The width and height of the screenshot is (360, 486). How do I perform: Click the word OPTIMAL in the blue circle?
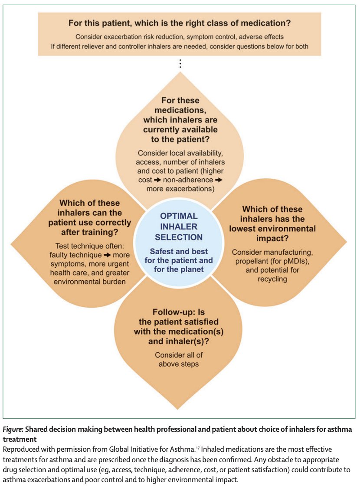click(179, 216)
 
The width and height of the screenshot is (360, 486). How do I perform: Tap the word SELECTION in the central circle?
click(179, 237)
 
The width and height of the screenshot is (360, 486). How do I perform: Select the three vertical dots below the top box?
click(180, 64)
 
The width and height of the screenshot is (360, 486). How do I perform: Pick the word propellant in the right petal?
click(251, 261)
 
